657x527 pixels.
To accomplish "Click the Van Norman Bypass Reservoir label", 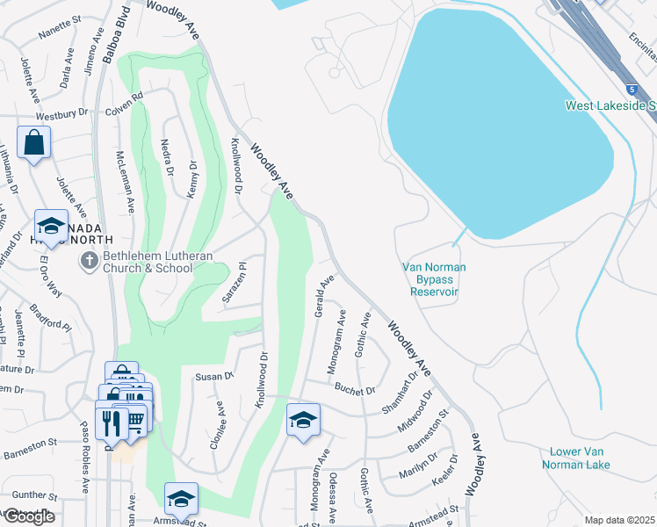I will click(434, 279).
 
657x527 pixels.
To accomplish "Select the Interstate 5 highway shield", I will click(632, 90).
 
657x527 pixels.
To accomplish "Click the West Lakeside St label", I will click(610, 105).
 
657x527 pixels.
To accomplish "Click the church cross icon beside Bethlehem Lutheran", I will click(88, 260).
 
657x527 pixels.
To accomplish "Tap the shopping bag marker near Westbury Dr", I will click(33, 142).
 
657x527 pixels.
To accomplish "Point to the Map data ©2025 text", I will click(620, 520).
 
